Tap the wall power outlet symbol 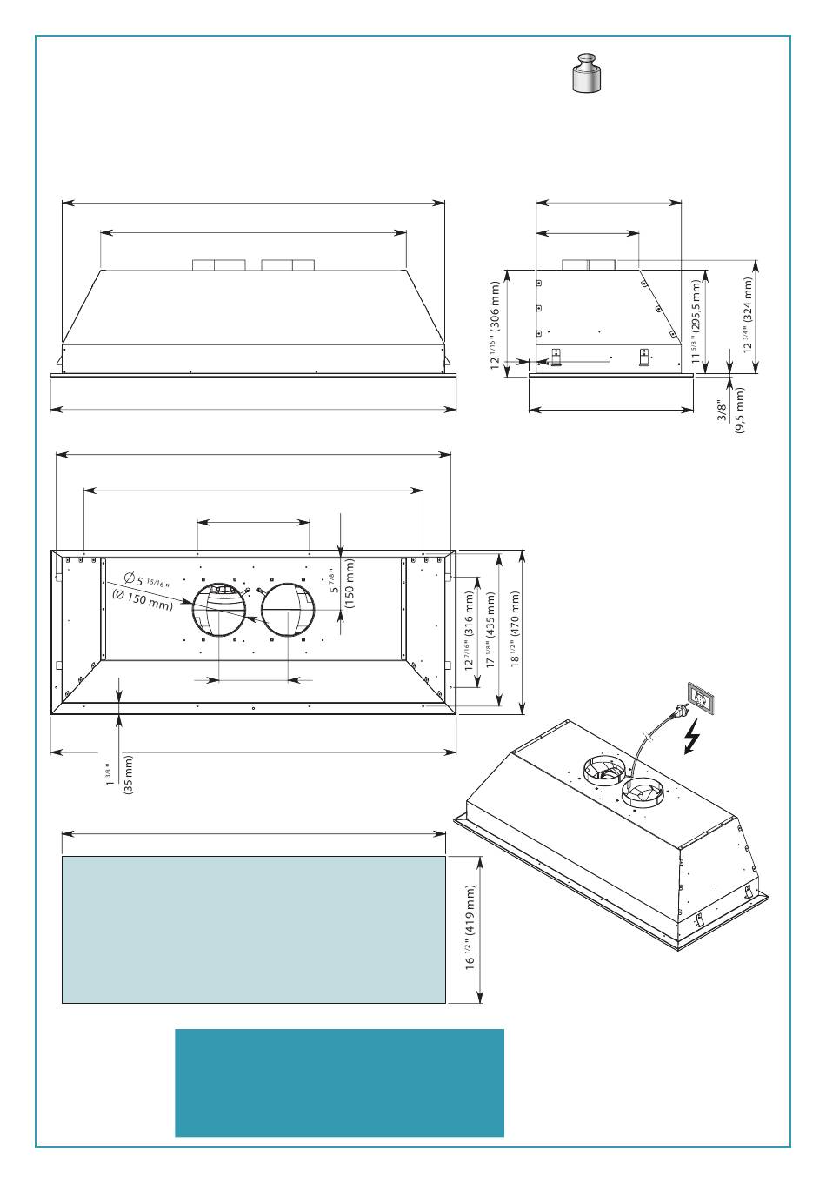point(702,697)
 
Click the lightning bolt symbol point(692,738)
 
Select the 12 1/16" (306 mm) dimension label point(496,325)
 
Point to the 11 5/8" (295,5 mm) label point(696,320)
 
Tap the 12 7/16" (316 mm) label point(470,632)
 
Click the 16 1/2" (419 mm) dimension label point(470,928)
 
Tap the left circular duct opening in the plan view point(218,611)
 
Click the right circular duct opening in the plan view point(289,611)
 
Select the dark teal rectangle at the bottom point(339,1083)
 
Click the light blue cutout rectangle point(253,929)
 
